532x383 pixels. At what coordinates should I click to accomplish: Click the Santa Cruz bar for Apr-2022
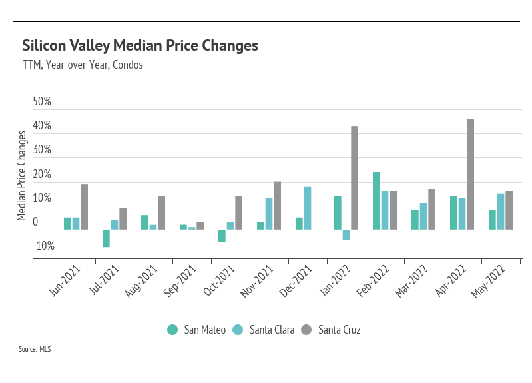point(470,175)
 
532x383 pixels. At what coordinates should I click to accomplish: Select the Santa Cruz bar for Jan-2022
point(354,178)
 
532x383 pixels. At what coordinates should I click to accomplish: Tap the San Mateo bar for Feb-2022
point(376,201)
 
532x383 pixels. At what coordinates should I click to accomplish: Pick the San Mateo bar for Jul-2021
point(106,238)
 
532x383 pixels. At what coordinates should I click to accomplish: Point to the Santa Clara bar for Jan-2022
point(346,234)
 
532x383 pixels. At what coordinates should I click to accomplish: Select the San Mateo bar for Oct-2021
point(222,236)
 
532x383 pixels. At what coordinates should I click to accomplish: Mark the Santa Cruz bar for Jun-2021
point(85,207)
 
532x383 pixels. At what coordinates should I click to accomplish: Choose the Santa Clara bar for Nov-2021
point(269,214)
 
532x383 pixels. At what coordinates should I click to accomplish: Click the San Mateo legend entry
point(196,330)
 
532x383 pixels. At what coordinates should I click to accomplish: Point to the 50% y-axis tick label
point(42,102)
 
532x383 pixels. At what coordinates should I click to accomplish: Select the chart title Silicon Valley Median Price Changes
point(140,46)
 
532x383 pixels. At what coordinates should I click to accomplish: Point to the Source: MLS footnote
point(35,348)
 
